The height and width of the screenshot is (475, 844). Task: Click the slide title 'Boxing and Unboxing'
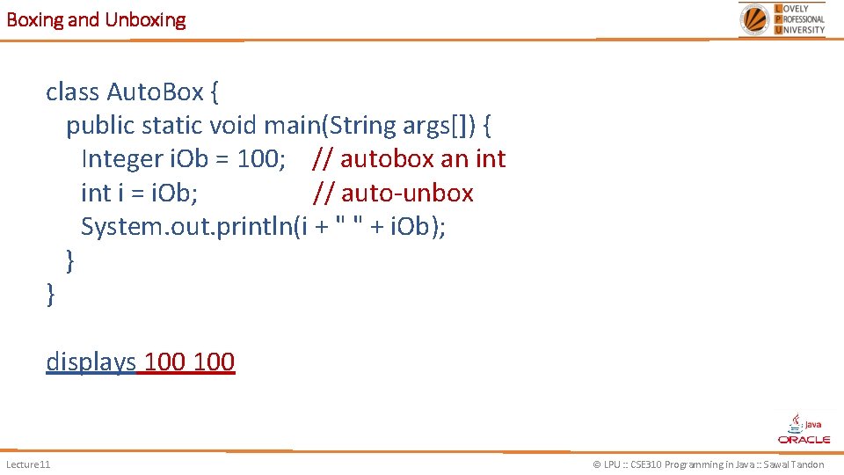coord(96,19)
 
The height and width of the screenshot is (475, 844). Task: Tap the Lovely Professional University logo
coord(782,18)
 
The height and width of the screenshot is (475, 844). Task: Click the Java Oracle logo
coord(804,428)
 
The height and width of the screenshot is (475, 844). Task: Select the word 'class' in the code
coord(73,91)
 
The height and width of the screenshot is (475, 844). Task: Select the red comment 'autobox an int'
coord(423,159)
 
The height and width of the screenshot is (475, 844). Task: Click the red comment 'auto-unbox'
coord(407,193)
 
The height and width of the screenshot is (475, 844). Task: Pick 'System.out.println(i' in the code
coord(194,227)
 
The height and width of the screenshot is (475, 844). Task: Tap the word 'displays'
coord(91,362)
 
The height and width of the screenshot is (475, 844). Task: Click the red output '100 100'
coord(189,362)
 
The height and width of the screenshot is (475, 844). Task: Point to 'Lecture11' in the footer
coord(28,464)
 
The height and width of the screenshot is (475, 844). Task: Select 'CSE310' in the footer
coord(649,464)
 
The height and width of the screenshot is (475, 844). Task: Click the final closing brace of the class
coord(50,295)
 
